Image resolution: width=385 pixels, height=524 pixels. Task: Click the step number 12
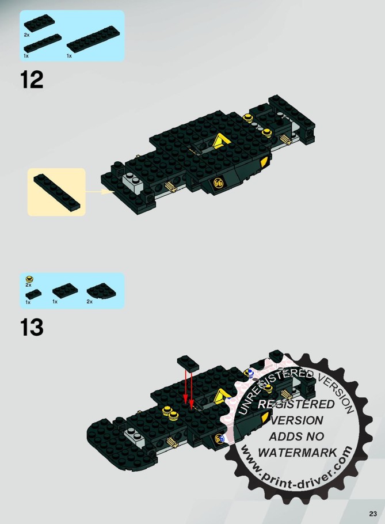click(32, 79)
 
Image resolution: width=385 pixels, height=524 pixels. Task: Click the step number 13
click(32, 327)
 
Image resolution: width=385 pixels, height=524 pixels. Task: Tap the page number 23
click(373, 514)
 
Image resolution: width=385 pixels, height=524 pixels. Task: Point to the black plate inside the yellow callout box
click(57, 192)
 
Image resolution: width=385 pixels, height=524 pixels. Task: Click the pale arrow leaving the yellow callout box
click(100, 192)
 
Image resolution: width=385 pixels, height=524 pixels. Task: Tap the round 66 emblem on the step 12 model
click(218, 183)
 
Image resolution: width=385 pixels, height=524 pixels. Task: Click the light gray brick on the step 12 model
click(133, 180)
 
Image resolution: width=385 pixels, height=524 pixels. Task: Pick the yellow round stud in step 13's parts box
click(29, 279)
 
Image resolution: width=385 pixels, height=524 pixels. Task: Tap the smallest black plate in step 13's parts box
click(33, 294)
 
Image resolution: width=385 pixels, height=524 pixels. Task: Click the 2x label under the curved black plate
click(90, 301)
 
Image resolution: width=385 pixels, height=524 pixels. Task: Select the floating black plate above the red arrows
click(188, 363)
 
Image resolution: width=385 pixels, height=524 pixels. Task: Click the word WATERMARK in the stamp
click(297, 453)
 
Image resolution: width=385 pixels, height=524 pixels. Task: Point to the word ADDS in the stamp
click(282, 436)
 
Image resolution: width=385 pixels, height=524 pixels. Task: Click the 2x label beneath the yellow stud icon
click(28, 285)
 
